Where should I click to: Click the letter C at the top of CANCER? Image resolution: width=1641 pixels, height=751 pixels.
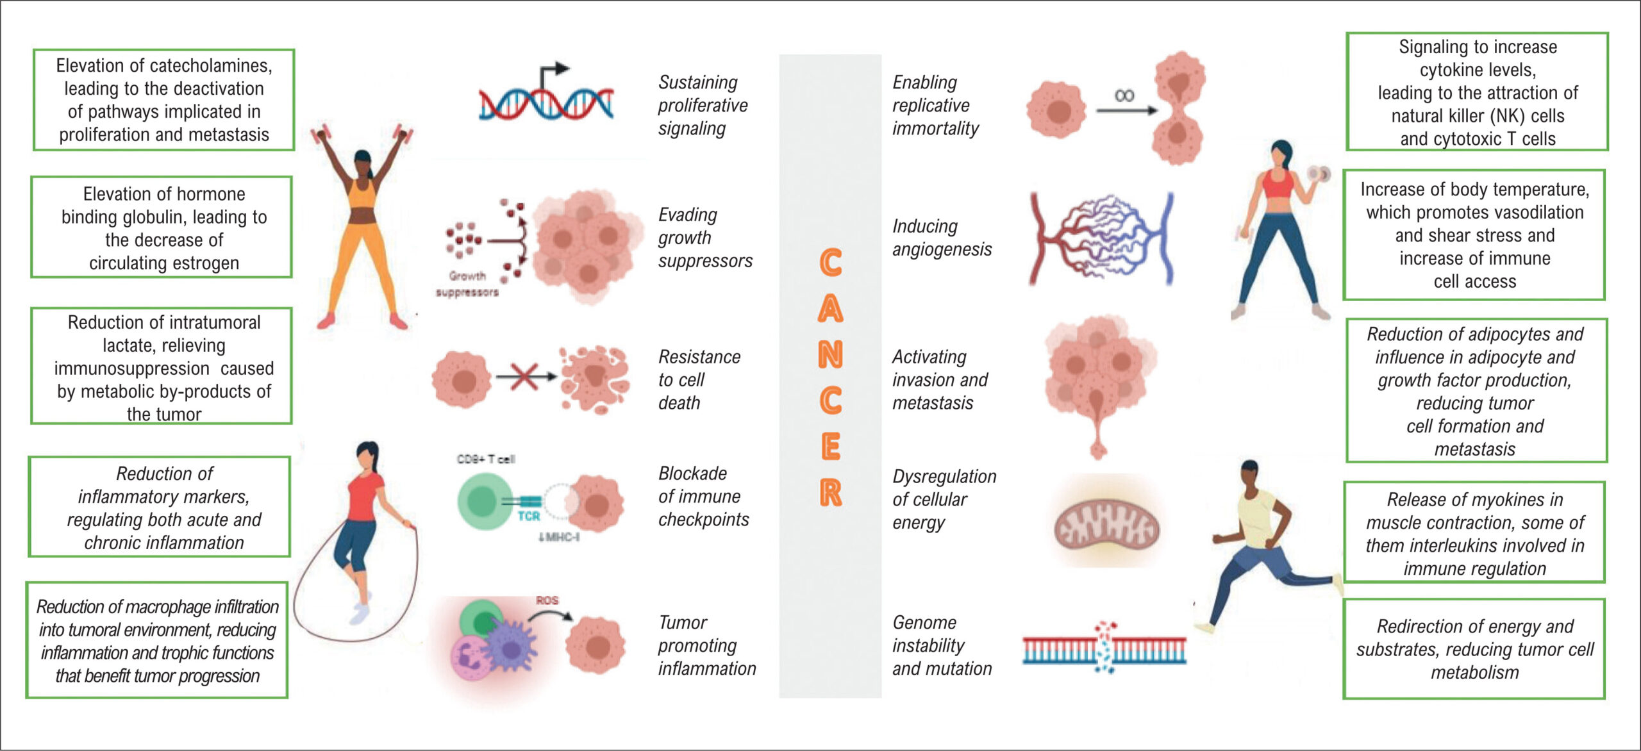830,263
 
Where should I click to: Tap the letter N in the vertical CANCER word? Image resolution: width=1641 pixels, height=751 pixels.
830,354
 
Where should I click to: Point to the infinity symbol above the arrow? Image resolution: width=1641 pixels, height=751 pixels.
1124,95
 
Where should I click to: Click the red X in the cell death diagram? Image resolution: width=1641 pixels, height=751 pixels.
524,376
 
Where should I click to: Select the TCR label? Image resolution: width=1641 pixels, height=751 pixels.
529,516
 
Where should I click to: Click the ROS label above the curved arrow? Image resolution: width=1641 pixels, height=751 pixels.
547,600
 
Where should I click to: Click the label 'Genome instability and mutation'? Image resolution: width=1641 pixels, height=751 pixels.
942,645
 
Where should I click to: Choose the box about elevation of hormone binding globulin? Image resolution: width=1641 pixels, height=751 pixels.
162,227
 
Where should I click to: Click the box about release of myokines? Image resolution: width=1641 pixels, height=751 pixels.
1474,532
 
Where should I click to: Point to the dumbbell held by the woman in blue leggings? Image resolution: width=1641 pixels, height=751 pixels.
1320,174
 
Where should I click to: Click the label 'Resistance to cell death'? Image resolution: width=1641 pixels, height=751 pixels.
699,380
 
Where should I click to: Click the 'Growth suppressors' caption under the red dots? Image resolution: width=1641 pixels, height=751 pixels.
467,284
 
